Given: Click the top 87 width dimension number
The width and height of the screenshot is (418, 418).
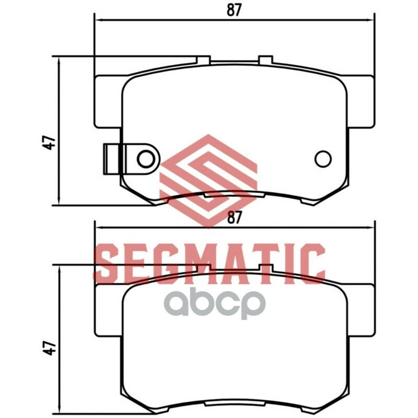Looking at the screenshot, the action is point(234,10).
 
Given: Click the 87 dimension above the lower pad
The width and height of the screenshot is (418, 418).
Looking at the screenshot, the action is point(234,217).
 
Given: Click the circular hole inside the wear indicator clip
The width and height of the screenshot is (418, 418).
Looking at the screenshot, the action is point(146,159).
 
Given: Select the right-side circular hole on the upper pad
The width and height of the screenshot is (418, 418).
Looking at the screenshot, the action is point(323,159).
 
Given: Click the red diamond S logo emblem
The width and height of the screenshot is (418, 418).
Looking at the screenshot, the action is point(208,181).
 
